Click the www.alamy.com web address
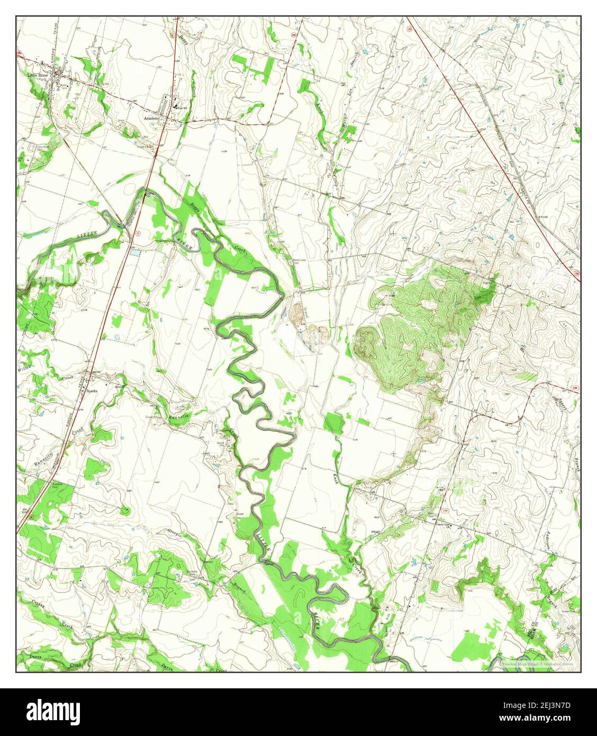click(549, 719)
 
